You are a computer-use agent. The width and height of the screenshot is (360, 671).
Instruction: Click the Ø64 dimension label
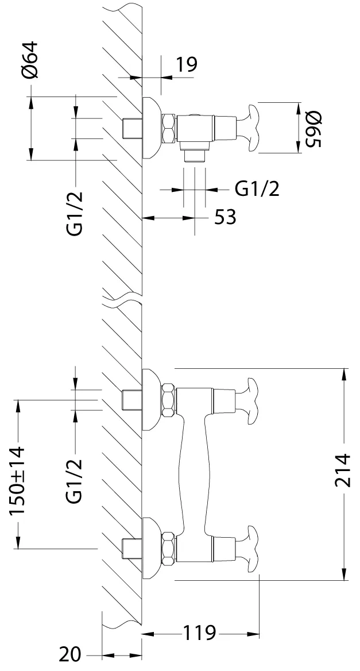30,60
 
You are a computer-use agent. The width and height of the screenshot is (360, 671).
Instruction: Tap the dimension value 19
187,64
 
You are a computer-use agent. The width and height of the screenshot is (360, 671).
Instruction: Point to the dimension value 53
225,217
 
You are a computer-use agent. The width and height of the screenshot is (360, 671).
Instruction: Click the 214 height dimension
343,470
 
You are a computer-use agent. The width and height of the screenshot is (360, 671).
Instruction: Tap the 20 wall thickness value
70,654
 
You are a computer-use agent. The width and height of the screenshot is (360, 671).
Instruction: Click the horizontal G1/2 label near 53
257,188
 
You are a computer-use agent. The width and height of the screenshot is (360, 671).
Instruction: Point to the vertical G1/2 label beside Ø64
74,214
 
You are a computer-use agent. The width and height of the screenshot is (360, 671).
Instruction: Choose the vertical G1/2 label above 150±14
74,480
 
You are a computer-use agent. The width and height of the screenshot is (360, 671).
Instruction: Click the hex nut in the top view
169,128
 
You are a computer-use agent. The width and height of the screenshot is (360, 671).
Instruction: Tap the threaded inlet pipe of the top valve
131,128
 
